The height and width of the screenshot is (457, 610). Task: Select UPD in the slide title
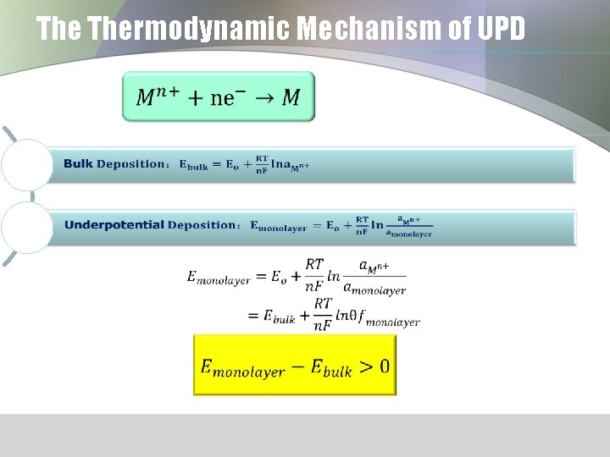(501, 30)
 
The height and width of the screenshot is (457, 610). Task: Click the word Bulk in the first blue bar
(78, 164)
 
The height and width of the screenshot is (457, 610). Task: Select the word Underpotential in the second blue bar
(114, 225)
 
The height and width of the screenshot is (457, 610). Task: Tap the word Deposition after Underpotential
(203, 225)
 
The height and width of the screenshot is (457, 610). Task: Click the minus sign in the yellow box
(297, 366)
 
